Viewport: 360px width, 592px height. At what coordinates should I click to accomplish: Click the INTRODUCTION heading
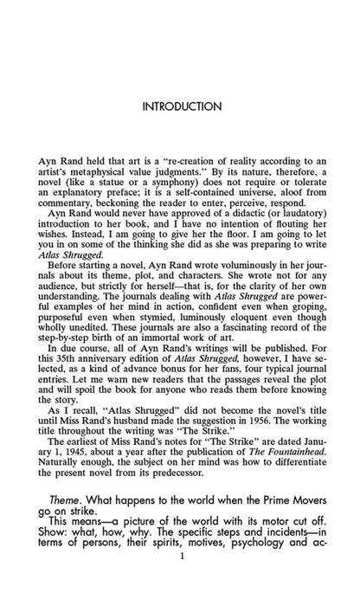(x=180, y=106)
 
